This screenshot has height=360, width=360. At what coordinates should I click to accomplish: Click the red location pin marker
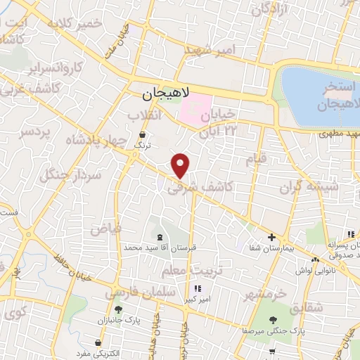(181, 165)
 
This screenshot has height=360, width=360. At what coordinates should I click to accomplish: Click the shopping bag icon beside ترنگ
(143, 133)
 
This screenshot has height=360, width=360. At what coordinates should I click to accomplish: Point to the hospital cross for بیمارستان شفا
(271, 238)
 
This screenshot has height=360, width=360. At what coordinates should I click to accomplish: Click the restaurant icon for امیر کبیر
(198, 288)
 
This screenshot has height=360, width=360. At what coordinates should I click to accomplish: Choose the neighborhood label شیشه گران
(309, 186)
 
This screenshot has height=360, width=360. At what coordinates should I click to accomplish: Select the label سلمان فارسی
(135, 290)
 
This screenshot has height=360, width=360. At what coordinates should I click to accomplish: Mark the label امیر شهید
(212, 49)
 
